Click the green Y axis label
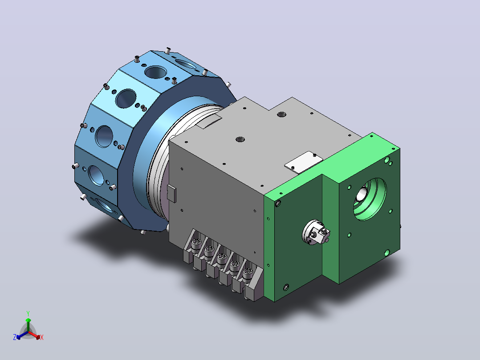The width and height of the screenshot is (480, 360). [28, 313]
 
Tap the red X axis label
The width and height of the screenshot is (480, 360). [42, 337]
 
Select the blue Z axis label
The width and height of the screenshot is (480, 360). [14, 337]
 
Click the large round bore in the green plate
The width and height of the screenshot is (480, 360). [370, 199]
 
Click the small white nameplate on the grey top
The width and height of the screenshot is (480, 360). [303, 162]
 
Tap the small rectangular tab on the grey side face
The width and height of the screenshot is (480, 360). [172, 193]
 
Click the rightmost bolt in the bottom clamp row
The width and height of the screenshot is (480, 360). [248, 273]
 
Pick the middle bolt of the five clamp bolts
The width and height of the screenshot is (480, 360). [222, 258]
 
